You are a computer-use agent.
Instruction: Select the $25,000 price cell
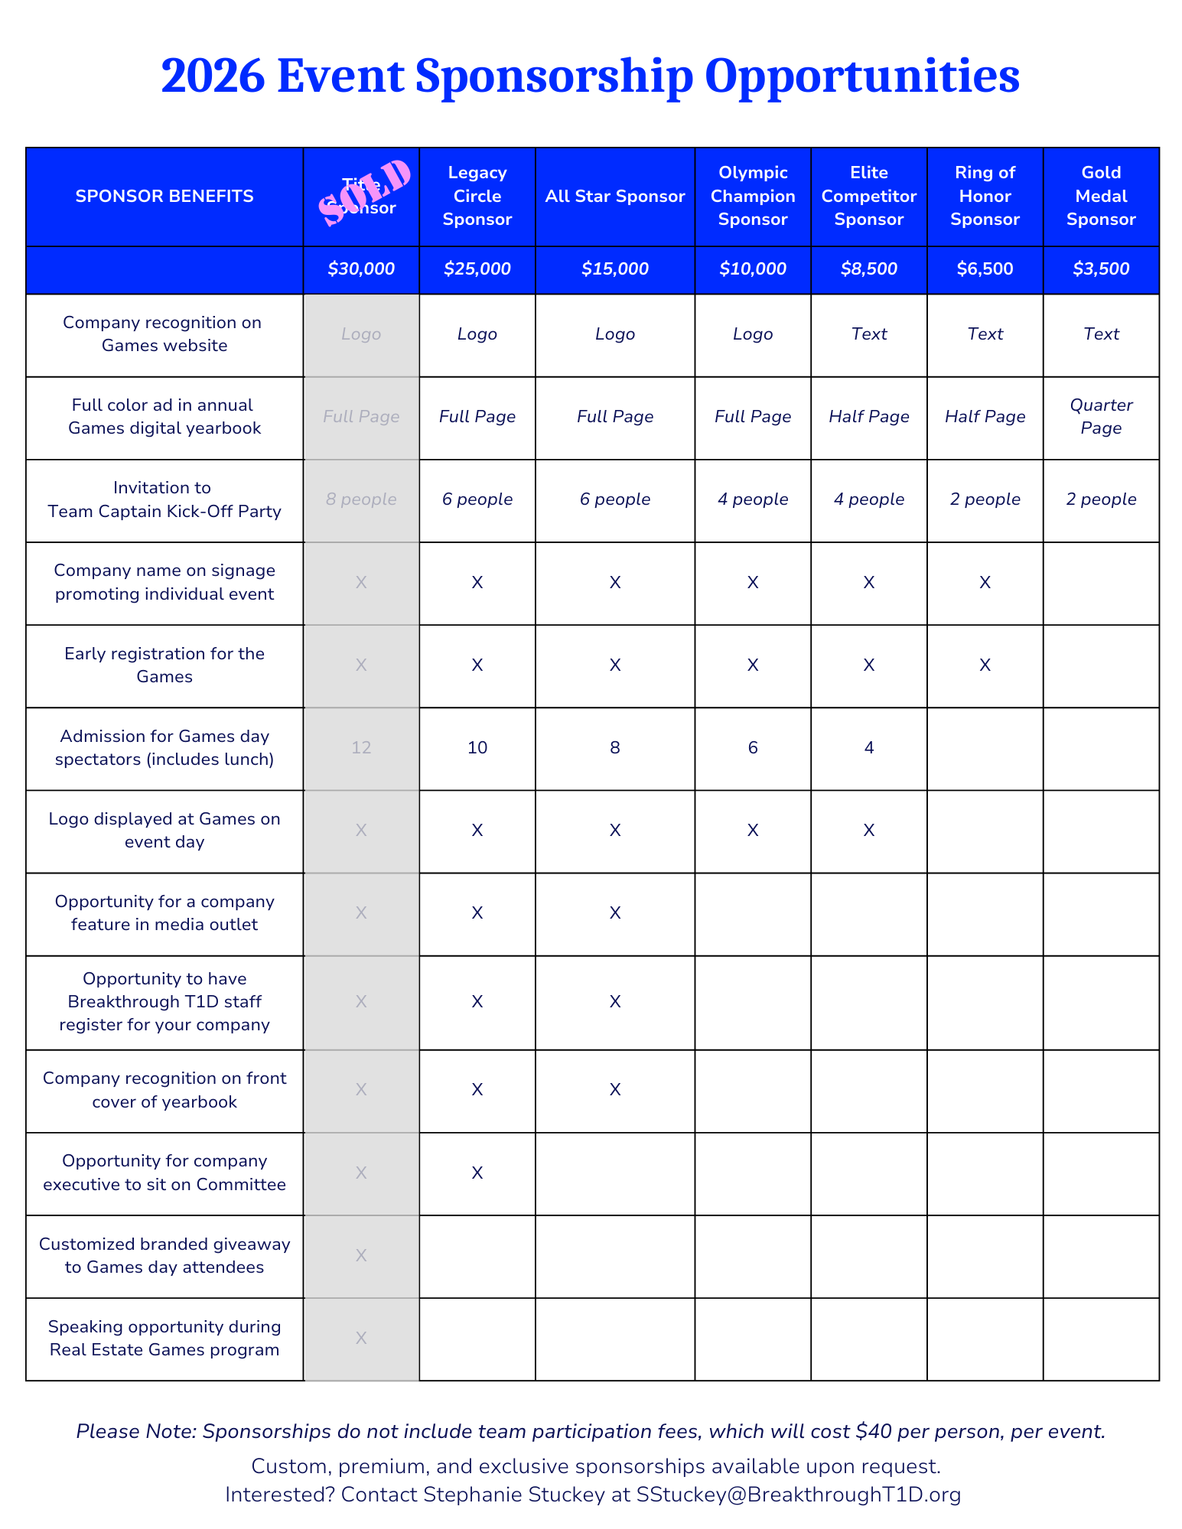pos(477,269)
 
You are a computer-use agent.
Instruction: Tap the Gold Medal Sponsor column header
pos(1101,197)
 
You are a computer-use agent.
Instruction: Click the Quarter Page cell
pos(1101,416)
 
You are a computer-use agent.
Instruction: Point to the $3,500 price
pos(1101,269)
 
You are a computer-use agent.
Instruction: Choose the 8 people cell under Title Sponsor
pos(361,499)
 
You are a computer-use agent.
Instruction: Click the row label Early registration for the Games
pos(164,665)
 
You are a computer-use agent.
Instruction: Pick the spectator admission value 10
pos(477,747)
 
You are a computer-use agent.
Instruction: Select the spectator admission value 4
pos(869,747)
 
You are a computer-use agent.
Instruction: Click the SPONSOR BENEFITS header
pos(164,197)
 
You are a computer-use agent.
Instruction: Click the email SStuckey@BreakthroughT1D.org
pos(799,1494)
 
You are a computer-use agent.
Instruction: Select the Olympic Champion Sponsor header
pos(753,197)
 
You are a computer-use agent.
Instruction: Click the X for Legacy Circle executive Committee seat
pos(477,1173)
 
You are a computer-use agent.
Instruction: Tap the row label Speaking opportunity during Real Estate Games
pos(164,1338)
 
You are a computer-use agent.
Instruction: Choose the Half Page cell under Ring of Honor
pos(985,417)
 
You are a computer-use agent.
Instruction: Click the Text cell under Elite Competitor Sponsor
pos(869,334)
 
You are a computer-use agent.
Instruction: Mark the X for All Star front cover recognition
pos(615,1090)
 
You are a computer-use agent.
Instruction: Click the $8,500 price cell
pos(869,269)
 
